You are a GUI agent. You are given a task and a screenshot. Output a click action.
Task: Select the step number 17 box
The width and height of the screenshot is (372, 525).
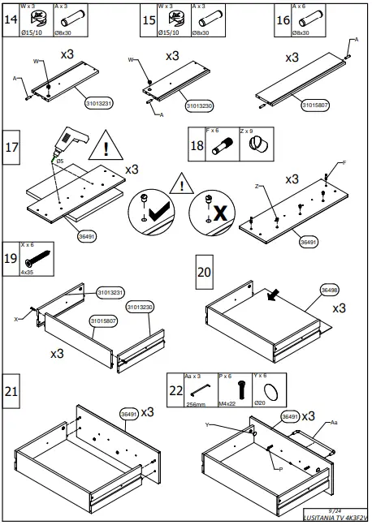pos(13,148)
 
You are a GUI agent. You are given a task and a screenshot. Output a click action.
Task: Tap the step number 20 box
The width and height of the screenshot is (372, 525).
pos(204,270)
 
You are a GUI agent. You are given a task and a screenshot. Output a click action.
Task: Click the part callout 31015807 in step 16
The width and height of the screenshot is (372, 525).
pos(316,105)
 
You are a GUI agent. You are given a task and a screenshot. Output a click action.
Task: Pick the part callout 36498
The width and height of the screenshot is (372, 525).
pos(330,289)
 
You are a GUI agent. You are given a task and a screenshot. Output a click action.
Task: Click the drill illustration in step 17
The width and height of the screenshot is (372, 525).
pos(66,147)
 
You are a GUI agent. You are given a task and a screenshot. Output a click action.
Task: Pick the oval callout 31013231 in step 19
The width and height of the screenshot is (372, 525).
pos(110,291)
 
